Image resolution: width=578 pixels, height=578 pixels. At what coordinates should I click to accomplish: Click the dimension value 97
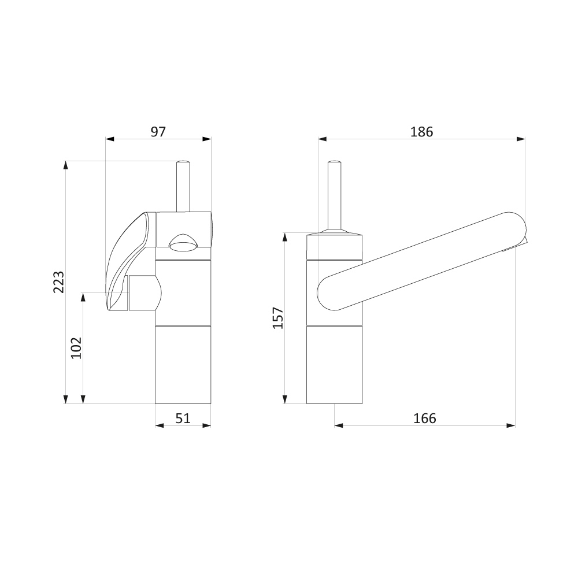[158, 132]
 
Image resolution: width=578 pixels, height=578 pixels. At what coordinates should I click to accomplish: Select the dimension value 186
[422, 132]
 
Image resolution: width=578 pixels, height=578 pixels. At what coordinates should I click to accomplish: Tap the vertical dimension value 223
[58, 282]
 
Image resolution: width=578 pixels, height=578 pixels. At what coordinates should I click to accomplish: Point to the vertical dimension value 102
[76, 347]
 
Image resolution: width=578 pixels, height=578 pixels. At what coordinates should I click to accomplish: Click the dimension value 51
[183, 418]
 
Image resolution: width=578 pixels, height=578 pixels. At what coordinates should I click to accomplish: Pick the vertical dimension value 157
[278, 318]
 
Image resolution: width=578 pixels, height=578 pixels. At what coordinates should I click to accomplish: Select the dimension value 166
[425, 418]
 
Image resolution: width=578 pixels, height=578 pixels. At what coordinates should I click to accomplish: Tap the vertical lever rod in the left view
[183, 186]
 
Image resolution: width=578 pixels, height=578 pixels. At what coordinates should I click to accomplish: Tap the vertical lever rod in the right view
[334, 195]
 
